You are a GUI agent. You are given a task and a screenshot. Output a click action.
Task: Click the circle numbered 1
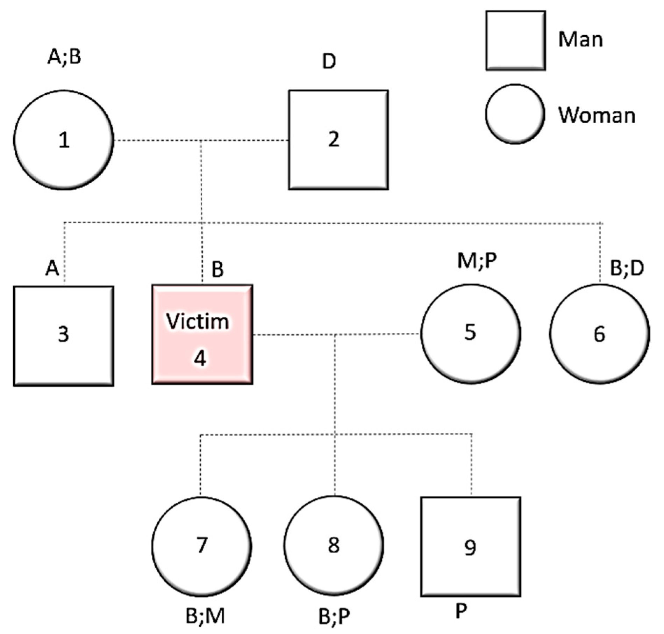(64, 140)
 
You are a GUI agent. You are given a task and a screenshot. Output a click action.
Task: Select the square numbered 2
(338, 140)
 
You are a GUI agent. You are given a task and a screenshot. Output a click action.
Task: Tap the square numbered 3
(64, 336)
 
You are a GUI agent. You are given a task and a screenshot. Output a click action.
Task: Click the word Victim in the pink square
(198, 321)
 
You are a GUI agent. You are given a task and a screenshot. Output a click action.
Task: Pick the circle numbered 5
(471, 334)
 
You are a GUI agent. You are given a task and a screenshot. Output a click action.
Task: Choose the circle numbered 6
(599, 334)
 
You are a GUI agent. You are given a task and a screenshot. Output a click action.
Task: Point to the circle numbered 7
(202, 546)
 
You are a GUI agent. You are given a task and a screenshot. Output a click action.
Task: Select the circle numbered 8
(334, 546)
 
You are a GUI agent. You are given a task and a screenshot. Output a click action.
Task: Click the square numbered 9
(471, 546)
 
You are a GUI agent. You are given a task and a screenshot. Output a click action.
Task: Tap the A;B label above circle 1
(64, 57)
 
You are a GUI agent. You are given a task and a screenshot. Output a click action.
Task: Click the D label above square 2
(329, 61)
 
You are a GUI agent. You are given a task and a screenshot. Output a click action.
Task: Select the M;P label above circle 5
(477, 261)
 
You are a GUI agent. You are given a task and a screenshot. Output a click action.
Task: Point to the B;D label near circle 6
(627, 269)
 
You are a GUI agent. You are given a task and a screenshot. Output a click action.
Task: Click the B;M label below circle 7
(205, 617)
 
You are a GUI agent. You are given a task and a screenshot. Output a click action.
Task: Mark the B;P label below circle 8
(334, 617)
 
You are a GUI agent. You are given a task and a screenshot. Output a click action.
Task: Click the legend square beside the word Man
(515, 41)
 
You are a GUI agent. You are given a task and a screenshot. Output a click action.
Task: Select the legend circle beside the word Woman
(515, 114)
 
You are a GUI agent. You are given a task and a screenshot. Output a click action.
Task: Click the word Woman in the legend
(597, 115)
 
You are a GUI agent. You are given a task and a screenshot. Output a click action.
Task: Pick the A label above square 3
(52, 268)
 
